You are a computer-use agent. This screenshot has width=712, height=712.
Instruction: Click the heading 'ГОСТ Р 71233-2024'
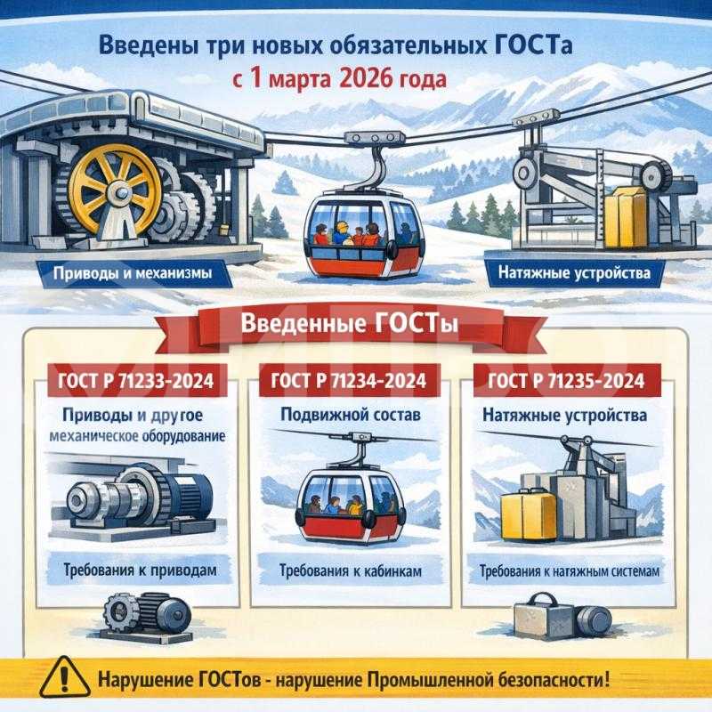tap(135, 382)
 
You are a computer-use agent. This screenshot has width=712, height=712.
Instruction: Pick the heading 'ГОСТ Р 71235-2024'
tap(567, 382)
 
